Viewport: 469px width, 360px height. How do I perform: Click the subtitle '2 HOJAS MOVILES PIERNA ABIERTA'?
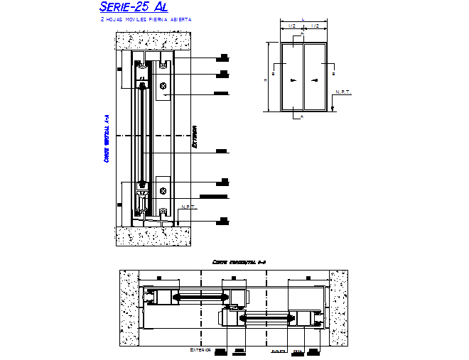[x=146, y=20]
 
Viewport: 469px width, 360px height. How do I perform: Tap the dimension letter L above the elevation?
[x=303, y=19]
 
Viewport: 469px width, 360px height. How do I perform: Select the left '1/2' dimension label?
[x=292, y=26]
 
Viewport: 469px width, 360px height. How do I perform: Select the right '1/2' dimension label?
[x=316, y=26]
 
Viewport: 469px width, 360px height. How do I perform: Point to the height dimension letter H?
[x=266, y=80]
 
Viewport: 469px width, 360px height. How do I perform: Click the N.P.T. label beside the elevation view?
[x=343, y=92]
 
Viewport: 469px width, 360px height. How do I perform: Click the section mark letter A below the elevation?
[x=303, y=116]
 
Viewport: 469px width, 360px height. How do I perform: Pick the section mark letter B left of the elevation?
[x=274, y=72]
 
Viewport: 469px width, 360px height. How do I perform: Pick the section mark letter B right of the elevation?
[x=333, y=72]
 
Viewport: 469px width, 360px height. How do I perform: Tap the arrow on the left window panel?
[x=293, y=82]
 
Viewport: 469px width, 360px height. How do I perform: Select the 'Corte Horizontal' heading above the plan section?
[x=239, y=262]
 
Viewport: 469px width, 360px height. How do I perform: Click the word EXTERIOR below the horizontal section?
[x=201, y=350]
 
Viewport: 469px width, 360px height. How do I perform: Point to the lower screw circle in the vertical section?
[x=164, y=191]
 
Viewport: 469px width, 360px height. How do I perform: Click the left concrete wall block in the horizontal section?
[x=129, y=309]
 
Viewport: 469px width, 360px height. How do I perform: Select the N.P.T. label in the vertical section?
[x=188, y=207]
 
